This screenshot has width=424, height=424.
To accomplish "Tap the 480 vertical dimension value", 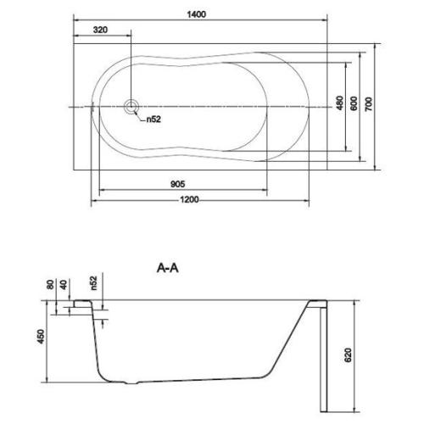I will tap(339, 103).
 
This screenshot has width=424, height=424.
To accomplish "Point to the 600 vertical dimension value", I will tap(354, 103).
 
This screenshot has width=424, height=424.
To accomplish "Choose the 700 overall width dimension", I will tap(370, 103).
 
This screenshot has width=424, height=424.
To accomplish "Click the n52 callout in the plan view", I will tap(153, 119).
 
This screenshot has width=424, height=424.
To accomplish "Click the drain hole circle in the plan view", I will tap(131, 107).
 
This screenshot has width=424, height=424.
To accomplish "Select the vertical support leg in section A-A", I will tap(321, 356).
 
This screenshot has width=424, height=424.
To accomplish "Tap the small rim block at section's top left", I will tap(81, 304).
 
